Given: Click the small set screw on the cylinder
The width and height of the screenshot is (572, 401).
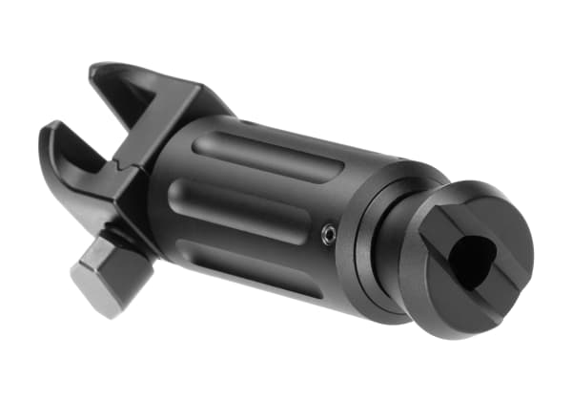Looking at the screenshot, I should (329, 234).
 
